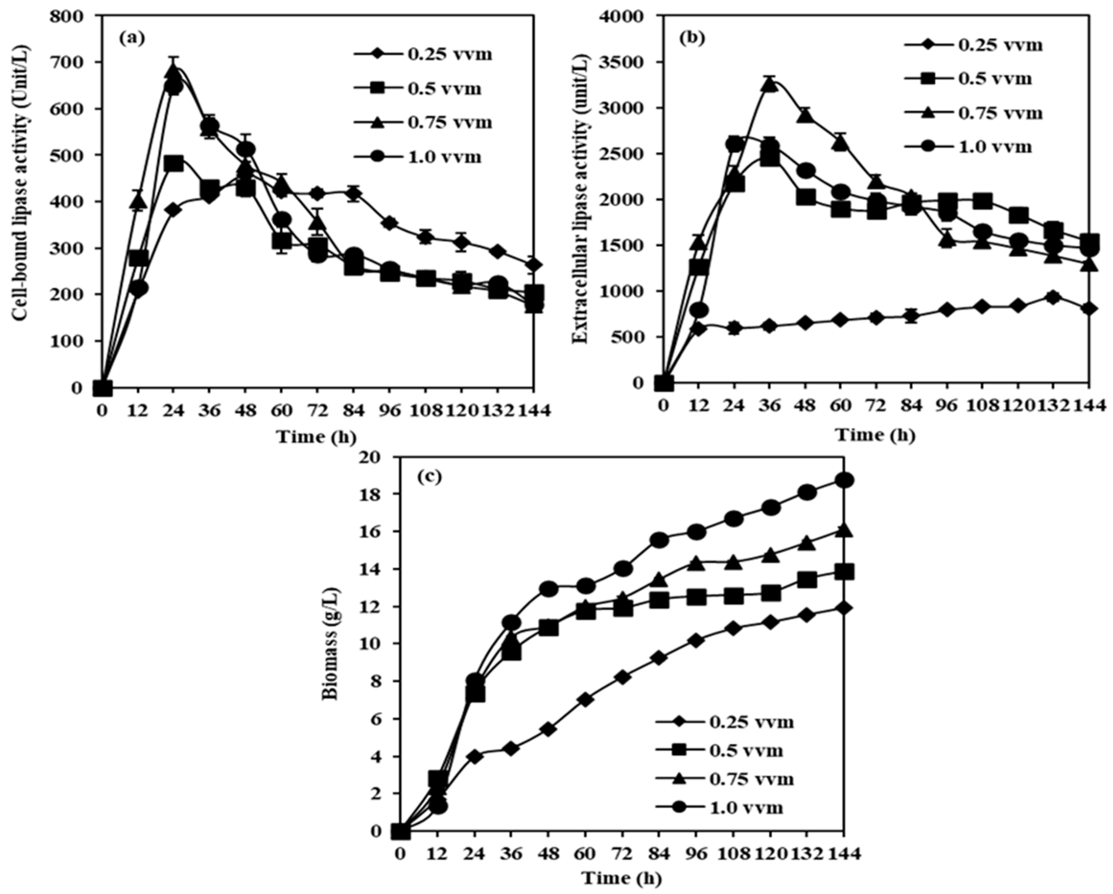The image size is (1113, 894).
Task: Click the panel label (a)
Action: pos(132,37)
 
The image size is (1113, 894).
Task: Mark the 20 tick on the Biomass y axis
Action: pos(377,457)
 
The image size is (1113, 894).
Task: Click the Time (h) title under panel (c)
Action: pos(622,877)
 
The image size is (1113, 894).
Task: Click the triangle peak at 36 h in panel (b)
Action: pos(770,85)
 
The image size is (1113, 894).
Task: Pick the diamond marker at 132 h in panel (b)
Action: pos(1053,297)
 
